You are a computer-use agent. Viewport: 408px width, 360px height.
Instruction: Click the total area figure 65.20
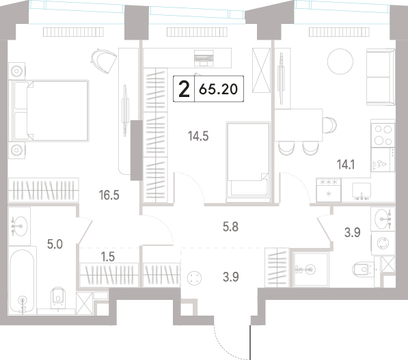pyautogui.click(x=218, y=89)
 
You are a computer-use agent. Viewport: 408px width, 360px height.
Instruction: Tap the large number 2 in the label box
pyautogui.click(x=185, y=89)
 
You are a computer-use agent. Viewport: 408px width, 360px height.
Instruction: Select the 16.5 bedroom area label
pyautogui.click(x=109, y=195)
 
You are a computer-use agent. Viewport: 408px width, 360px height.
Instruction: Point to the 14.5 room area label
pyautogui.click(x=198, y=136)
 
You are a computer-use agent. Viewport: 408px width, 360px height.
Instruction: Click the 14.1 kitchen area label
pyautogui.click(x=346, y=165)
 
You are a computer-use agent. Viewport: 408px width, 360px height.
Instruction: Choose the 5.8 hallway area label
pyautogui.click(x=230, y=227)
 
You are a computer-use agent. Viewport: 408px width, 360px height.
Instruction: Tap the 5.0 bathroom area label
pyautogui.click(x=55, y=245)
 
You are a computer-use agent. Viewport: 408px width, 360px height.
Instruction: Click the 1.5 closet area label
pyautogui.click(x=108, y=257)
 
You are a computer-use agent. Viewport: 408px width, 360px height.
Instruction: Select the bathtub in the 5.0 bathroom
pyautogui.click(x=22, y=280)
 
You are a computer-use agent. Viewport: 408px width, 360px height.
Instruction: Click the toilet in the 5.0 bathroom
pyautogui.click(x=58, y=298)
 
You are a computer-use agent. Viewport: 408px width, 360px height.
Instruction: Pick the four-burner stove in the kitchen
pyautogui.click(x=383, y=135)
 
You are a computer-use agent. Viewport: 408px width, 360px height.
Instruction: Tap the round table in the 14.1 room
pyautogui.click(x=340, y=61)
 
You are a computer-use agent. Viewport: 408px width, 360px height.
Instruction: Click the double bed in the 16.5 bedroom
pyautogui.click(x=49, y=111)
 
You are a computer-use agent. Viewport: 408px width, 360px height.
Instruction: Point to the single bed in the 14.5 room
pyautogui.click(x=248, y=161)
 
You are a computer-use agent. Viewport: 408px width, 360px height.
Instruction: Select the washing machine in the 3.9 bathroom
pyautogui.click(x=383, y=243)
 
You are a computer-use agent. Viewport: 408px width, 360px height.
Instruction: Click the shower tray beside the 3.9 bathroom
pyautogui.click(x=310, y=269)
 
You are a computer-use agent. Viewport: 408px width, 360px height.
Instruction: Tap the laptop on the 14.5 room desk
pyautogui.click(x=204, y=58)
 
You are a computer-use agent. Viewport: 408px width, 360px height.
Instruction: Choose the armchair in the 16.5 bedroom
pyautogui.click(x=104, y=61)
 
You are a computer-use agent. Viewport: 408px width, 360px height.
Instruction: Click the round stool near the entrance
pyautogui.click(x=194, y=278)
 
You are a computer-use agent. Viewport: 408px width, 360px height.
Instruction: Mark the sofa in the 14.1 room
pyautogui.click(x=381, y=77)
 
